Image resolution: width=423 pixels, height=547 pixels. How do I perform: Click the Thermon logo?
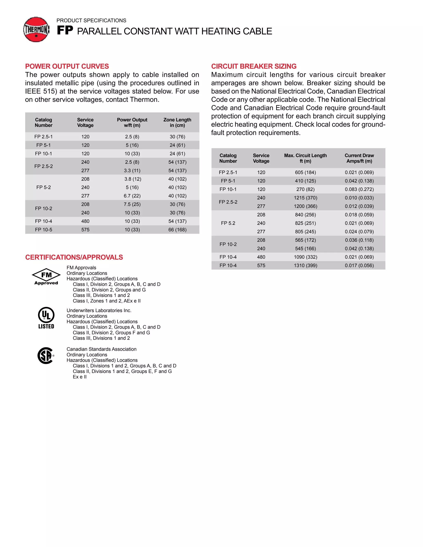coord(36,30)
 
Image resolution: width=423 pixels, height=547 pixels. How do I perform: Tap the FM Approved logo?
coord(46,277)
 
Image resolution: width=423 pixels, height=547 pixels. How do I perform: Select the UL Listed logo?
coord(46,318)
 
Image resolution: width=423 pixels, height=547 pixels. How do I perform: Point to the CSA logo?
coord(46,355)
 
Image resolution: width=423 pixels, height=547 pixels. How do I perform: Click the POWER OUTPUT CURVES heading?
coord(67,66)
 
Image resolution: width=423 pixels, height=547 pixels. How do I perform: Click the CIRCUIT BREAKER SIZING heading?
coord(254,66)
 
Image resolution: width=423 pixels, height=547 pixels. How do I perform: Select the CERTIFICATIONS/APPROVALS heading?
coord(74,257)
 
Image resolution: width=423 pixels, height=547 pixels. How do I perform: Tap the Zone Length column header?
coord(177,122)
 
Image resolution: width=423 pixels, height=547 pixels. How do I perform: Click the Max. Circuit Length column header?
coord(305,158)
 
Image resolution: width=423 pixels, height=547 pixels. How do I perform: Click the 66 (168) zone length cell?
coord(177,230)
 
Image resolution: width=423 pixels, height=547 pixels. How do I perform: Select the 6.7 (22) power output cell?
coord(132,196)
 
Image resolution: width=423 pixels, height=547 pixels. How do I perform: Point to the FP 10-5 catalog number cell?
coord(44,230)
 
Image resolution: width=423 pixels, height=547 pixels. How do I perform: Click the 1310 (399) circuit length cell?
coord(305,265)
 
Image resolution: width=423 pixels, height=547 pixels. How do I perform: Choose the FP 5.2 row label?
coord(228,223)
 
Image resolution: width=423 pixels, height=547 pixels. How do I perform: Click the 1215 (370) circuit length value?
coord(305,198)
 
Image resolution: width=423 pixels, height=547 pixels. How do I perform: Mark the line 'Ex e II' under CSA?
coord(80,377)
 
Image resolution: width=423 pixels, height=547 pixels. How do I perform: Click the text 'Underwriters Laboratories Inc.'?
coord(99,311)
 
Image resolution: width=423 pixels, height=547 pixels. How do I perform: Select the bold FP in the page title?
coord(65,31)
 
